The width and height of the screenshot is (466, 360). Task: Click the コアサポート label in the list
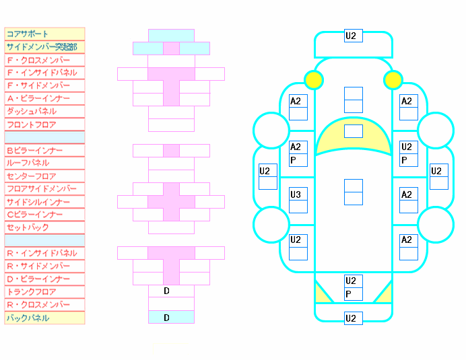(x=28, y=34)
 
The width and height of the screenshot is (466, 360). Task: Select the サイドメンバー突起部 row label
(x=42, y=47)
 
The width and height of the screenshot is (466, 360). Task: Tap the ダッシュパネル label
(x=32, y=112)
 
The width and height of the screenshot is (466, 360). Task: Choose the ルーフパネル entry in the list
(x=28, y=163)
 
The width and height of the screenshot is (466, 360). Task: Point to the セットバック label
(x=28, y=227)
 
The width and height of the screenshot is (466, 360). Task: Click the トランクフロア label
(x=31, y=291)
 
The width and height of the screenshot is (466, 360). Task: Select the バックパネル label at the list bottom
(x=28, y=318)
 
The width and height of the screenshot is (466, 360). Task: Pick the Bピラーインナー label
(x=34, y=150)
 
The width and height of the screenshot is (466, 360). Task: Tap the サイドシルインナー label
(x=38, y=202)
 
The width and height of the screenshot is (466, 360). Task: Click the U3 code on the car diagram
(x=296, y=194)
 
